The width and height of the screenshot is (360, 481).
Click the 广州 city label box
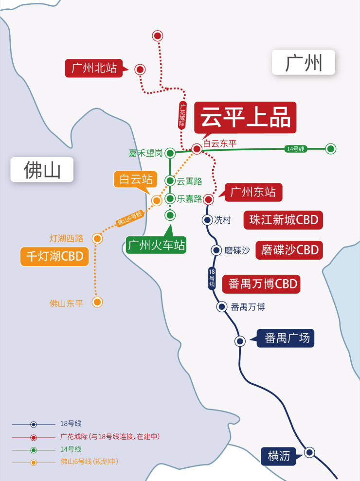coord(303,62)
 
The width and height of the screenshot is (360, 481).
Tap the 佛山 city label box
coord(42,170)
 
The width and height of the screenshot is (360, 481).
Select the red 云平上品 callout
coord(245,118)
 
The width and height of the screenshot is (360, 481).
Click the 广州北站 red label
coord(94,68)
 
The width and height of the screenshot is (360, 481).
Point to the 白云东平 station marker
coord(197,149)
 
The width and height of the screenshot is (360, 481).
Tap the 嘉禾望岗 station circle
coord(170,153)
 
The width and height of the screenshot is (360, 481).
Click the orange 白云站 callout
coord(136,179)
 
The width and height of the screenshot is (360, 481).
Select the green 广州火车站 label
coord(156,245)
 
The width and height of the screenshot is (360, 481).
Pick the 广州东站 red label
coord(253,192)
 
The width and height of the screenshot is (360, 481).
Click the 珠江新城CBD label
coord(283,220)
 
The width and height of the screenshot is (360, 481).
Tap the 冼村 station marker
coord(207,220)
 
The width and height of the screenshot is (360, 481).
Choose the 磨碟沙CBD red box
coord(289,250)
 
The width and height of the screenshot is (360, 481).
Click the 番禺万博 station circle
coord(221,306)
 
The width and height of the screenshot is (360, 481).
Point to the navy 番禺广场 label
coord(286,338)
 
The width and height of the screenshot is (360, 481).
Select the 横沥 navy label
coord(278,456)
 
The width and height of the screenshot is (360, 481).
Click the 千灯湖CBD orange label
coord(54,256)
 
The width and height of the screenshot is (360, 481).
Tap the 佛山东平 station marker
coord(97,302)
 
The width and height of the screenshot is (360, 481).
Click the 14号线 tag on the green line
coord(296,149)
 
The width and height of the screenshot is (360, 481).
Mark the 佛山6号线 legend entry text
coord(90,462)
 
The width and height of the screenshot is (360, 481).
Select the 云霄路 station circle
coord(170,181)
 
